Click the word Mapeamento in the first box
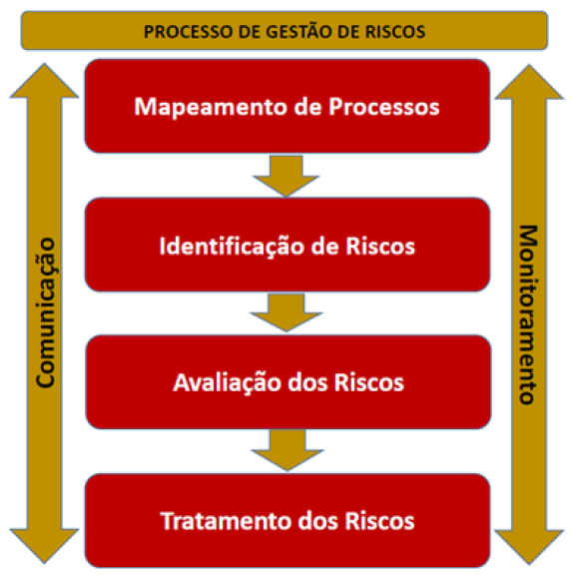pos(211,107)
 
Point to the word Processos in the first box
pos(384,108)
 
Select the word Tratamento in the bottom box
pos(227,521)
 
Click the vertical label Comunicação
pos(46,312)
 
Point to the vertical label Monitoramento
pos(527,314)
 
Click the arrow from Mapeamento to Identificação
pos(286,176)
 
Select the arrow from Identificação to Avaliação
pos(286,312)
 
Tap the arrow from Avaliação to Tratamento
pos(287,450)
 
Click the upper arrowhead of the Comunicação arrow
pos(44,81)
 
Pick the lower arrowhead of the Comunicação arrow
pos(44,546)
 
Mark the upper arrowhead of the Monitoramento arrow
pos(529,82)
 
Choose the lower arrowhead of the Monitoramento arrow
pos(529,548)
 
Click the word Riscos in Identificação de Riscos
pos(380,246)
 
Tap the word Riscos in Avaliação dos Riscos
pos(369,382)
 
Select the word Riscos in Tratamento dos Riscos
pos(379,521)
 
